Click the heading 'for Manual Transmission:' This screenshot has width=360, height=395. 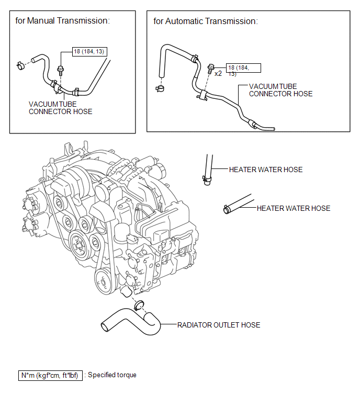point(62,20)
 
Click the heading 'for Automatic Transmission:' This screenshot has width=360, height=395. point(206,21)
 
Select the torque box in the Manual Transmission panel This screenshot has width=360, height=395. point(89,52)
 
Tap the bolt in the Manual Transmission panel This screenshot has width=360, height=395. point(61,70)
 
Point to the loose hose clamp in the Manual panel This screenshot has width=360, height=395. point(20,66)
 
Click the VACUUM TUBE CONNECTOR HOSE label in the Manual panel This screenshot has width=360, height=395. point(61,108)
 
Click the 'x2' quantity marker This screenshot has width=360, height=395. point(218,74)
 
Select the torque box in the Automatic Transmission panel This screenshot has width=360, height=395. point(243,68)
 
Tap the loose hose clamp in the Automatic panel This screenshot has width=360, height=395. point(160,88)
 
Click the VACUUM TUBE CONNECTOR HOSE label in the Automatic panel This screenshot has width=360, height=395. point(280,90)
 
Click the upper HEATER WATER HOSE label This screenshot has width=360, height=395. point(266,170)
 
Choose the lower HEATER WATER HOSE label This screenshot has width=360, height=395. point(294,208)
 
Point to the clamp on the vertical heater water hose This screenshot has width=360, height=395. point(207,179)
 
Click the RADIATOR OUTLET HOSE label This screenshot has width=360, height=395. point(219,325)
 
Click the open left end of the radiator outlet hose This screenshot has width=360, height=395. point(105,327)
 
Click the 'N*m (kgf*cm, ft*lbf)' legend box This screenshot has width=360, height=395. point(50,375)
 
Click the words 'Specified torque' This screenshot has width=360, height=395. point(112,375)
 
